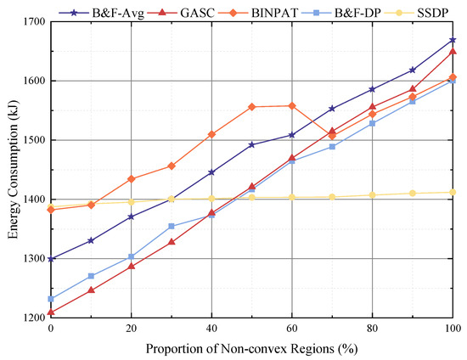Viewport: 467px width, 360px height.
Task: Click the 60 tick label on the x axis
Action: point(292,328)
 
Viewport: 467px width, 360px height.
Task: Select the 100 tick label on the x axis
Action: point(453,328)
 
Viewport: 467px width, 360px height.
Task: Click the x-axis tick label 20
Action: point(131,328)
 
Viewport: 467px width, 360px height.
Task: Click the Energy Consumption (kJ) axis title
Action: point(11,170)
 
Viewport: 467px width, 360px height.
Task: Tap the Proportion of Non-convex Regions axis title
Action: point(251,348)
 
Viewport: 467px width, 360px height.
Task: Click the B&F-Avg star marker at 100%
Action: point(453,40)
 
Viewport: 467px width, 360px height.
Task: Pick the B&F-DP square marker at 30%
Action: point(172,226)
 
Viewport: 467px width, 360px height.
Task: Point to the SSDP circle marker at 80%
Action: point(373,195)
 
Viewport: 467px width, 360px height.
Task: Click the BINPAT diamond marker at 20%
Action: point(131,179)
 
